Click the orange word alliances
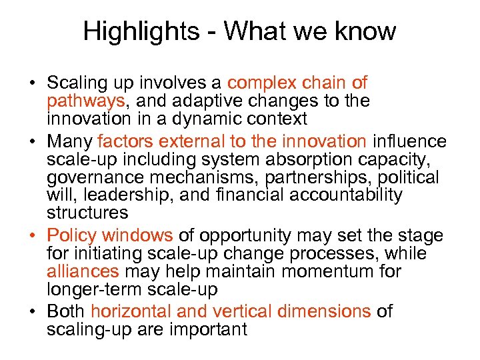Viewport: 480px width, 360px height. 83,272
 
